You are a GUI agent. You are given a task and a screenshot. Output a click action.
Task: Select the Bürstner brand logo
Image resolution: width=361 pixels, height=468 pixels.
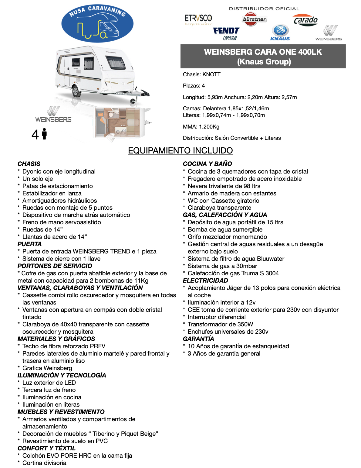254,19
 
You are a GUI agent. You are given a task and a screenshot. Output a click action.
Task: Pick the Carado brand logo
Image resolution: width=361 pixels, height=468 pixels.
305,20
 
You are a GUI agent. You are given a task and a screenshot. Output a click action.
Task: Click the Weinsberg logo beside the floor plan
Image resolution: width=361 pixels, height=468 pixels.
53,115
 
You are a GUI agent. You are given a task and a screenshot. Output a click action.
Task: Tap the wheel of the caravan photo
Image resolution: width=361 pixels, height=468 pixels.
77,91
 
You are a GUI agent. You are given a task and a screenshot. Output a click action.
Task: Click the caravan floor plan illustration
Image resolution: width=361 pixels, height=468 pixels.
120,123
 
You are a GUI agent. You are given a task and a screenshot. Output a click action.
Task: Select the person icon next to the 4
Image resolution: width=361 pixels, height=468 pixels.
45,134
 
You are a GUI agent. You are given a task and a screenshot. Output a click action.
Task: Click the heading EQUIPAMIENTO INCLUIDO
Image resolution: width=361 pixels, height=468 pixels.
180,150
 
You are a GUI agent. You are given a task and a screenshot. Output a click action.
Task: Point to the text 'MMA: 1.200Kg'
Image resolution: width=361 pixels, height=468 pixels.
201,127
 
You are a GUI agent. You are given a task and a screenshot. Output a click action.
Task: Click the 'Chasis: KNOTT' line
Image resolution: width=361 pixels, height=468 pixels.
201,74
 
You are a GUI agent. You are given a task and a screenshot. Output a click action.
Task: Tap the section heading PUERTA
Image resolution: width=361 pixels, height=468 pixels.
29,244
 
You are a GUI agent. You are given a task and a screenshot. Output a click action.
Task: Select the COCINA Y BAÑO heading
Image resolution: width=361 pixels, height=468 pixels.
207,164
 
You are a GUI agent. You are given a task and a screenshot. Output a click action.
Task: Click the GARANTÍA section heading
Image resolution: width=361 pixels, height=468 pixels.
198,339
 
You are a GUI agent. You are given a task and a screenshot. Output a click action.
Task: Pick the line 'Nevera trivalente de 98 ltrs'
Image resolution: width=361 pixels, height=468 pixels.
224,186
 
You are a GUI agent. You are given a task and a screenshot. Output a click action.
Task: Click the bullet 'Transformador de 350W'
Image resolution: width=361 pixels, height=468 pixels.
220,324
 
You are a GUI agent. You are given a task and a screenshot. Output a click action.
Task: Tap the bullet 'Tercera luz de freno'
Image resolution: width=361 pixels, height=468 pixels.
49,390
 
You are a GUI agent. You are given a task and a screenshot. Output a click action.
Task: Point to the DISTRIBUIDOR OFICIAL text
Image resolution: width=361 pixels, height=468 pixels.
264,9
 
